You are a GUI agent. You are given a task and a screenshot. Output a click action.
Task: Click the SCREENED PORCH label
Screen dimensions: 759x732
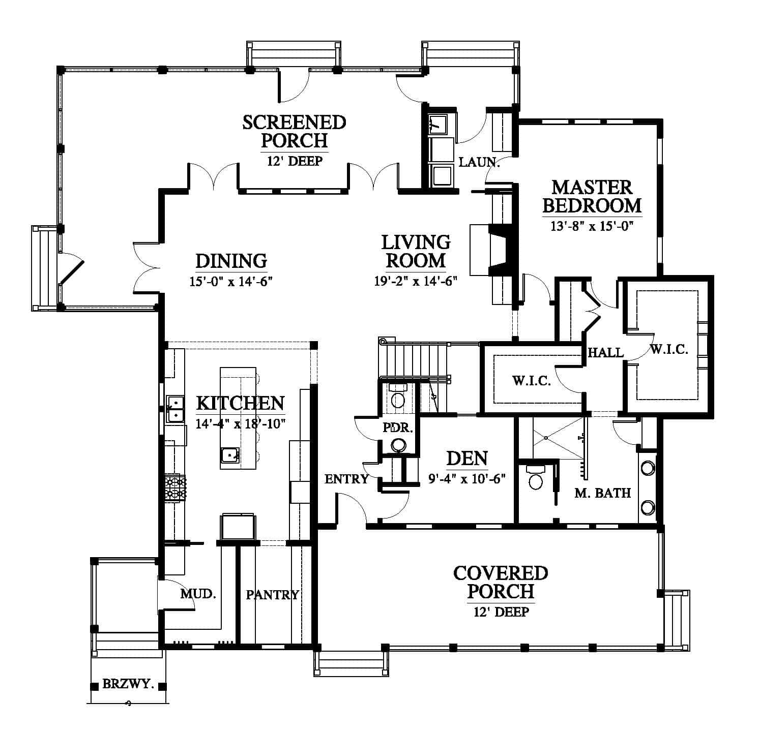pyautogui.click(x=294, y=131)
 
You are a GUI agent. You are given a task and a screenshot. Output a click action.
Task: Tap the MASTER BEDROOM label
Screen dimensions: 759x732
pyautogui.click(x=592, y=196)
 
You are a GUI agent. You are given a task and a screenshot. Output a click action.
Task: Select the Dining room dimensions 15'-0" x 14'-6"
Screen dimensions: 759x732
pyautogui.click(x=231, y=282)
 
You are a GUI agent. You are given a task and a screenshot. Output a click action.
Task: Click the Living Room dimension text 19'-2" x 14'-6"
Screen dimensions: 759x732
pyautogui.click(x=416, y=281)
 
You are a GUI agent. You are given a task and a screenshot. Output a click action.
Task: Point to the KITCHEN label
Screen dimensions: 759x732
pyautogui.click(x=240, y=403)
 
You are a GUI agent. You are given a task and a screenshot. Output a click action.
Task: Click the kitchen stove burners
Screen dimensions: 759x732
pyautogui.click(x=175, y=487)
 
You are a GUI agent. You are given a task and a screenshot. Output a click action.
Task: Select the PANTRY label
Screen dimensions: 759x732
pyautogui.click(x=272, y=595)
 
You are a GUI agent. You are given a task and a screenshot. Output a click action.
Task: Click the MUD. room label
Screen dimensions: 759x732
pyautogui.click(x=198, y=593)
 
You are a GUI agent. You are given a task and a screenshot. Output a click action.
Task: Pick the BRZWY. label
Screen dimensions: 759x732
pyautogui.click(x=128, y=684)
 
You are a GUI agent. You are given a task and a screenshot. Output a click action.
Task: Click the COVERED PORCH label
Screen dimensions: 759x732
pyautogui.click(x=501, y=583)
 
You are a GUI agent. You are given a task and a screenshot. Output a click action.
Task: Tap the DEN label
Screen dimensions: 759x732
pyautogui.click(x=467, y=459)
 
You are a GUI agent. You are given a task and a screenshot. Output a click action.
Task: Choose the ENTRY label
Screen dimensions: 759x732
pyautogui.click(x=346, y=479)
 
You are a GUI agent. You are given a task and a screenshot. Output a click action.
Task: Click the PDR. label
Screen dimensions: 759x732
pyautogui.click(x=397, y=428)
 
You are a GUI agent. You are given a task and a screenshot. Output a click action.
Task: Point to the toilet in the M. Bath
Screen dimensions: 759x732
pyautogui.click(x=536, y=477)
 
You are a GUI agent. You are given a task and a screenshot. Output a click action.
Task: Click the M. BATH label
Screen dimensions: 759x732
pyautogui.click(x=602, y=493)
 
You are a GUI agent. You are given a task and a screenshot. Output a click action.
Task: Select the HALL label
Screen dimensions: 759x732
pyautogui.click(x=605, y=352)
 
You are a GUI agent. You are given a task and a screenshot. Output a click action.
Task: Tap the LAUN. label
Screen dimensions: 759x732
pyautogui.click(x=479, y=162)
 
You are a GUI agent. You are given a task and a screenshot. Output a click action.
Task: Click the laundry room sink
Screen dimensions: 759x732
pyautogui.click(x=438, y=124)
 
